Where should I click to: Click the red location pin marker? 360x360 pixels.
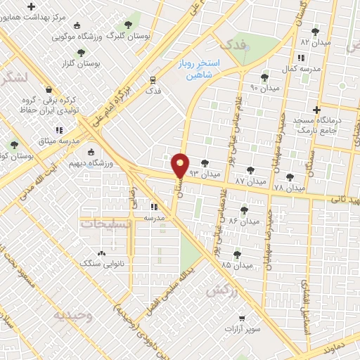click(x=181, y=165)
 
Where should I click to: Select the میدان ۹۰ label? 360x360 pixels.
click(x=264, y=88)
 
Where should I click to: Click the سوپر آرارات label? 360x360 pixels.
click(x=243, y=328)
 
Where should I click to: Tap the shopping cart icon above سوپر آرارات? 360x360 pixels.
click(x=243, y=318)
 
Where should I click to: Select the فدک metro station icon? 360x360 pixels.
click(x=153, y=80)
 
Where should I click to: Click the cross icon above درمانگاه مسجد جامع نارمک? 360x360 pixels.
click(x=318, y=110)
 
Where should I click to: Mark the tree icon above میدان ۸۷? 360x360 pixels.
click(x=250, y=169)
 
